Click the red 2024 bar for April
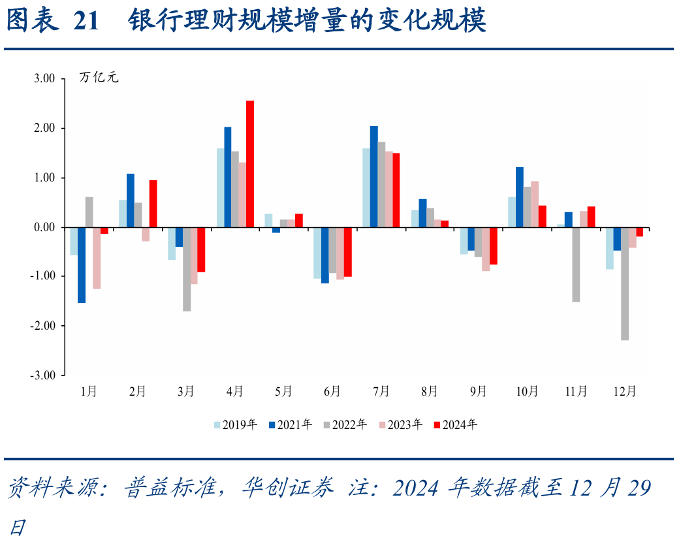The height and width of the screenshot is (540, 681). tap(250, 164)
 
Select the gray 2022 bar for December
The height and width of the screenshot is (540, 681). tap(625, 283)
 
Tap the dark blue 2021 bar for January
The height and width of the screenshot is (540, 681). tap(82, 265)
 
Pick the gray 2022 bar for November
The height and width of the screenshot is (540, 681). tap(576, 264)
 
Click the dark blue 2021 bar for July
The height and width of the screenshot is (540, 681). tap(374, 176)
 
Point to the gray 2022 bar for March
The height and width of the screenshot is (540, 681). tap(187, 269)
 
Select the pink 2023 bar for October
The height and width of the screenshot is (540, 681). tap(535, 204)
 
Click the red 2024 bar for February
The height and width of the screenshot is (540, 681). tap(153, 204)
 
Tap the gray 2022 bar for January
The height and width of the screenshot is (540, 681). tap(89, 212)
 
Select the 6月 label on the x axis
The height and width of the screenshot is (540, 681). tap(332, 392)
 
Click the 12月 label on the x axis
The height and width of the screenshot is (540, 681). tap(625, 392)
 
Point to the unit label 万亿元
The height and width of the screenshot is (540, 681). tap(99, 78)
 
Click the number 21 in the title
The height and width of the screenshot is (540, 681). tap(86, 22)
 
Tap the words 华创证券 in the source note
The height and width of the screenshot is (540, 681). tap(287, 488)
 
